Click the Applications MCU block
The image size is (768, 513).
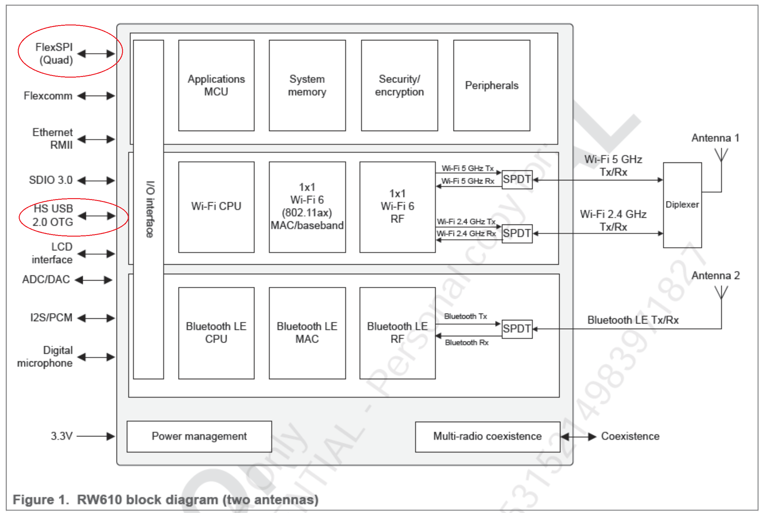216,85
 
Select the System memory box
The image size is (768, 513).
307,85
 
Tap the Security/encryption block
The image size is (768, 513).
400,85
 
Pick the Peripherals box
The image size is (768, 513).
492,85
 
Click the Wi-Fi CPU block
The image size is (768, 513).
216,207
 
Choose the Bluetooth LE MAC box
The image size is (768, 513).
307,333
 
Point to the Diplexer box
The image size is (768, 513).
682,205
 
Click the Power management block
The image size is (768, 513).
199,436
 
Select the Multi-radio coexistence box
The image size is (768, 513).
488,437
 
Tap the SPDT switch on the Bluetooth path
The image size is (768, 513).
517,329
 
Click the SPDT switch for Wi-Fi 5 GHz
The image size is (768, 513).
517,180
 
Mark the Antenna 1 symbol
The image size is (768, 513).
721,155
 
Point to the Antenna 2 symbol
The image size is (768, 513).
721,293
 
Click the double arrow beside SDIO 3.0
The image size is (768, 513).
96,181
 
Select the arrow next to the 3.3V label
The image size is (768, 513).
96,436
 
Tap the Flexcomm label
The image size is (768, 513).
48,96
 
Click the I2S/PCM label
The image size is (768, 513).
51,318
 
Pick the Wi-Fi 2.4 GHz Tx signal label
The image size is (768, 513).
466,221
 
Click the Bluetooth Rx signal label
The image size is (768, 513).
467,343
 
